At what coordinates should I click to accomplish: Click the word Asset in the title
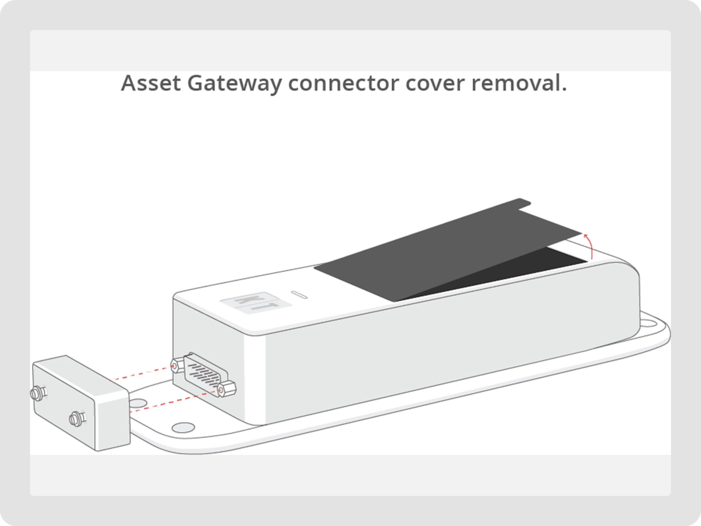tap(151, 83)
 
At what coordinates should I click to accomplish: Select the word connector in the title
tap(343, 83)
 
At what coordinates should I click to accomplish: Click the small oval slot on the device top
tap(299, 294)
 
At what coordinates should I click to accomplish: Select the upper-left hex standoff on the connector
tap(177, 365)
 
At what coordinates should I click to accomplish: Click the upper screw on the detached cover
tap(37, 393)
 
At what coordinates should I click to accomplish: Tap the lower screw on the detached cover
tap(77, 419)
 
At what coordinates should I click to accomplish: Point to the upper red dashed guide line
tap(143, 373)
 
